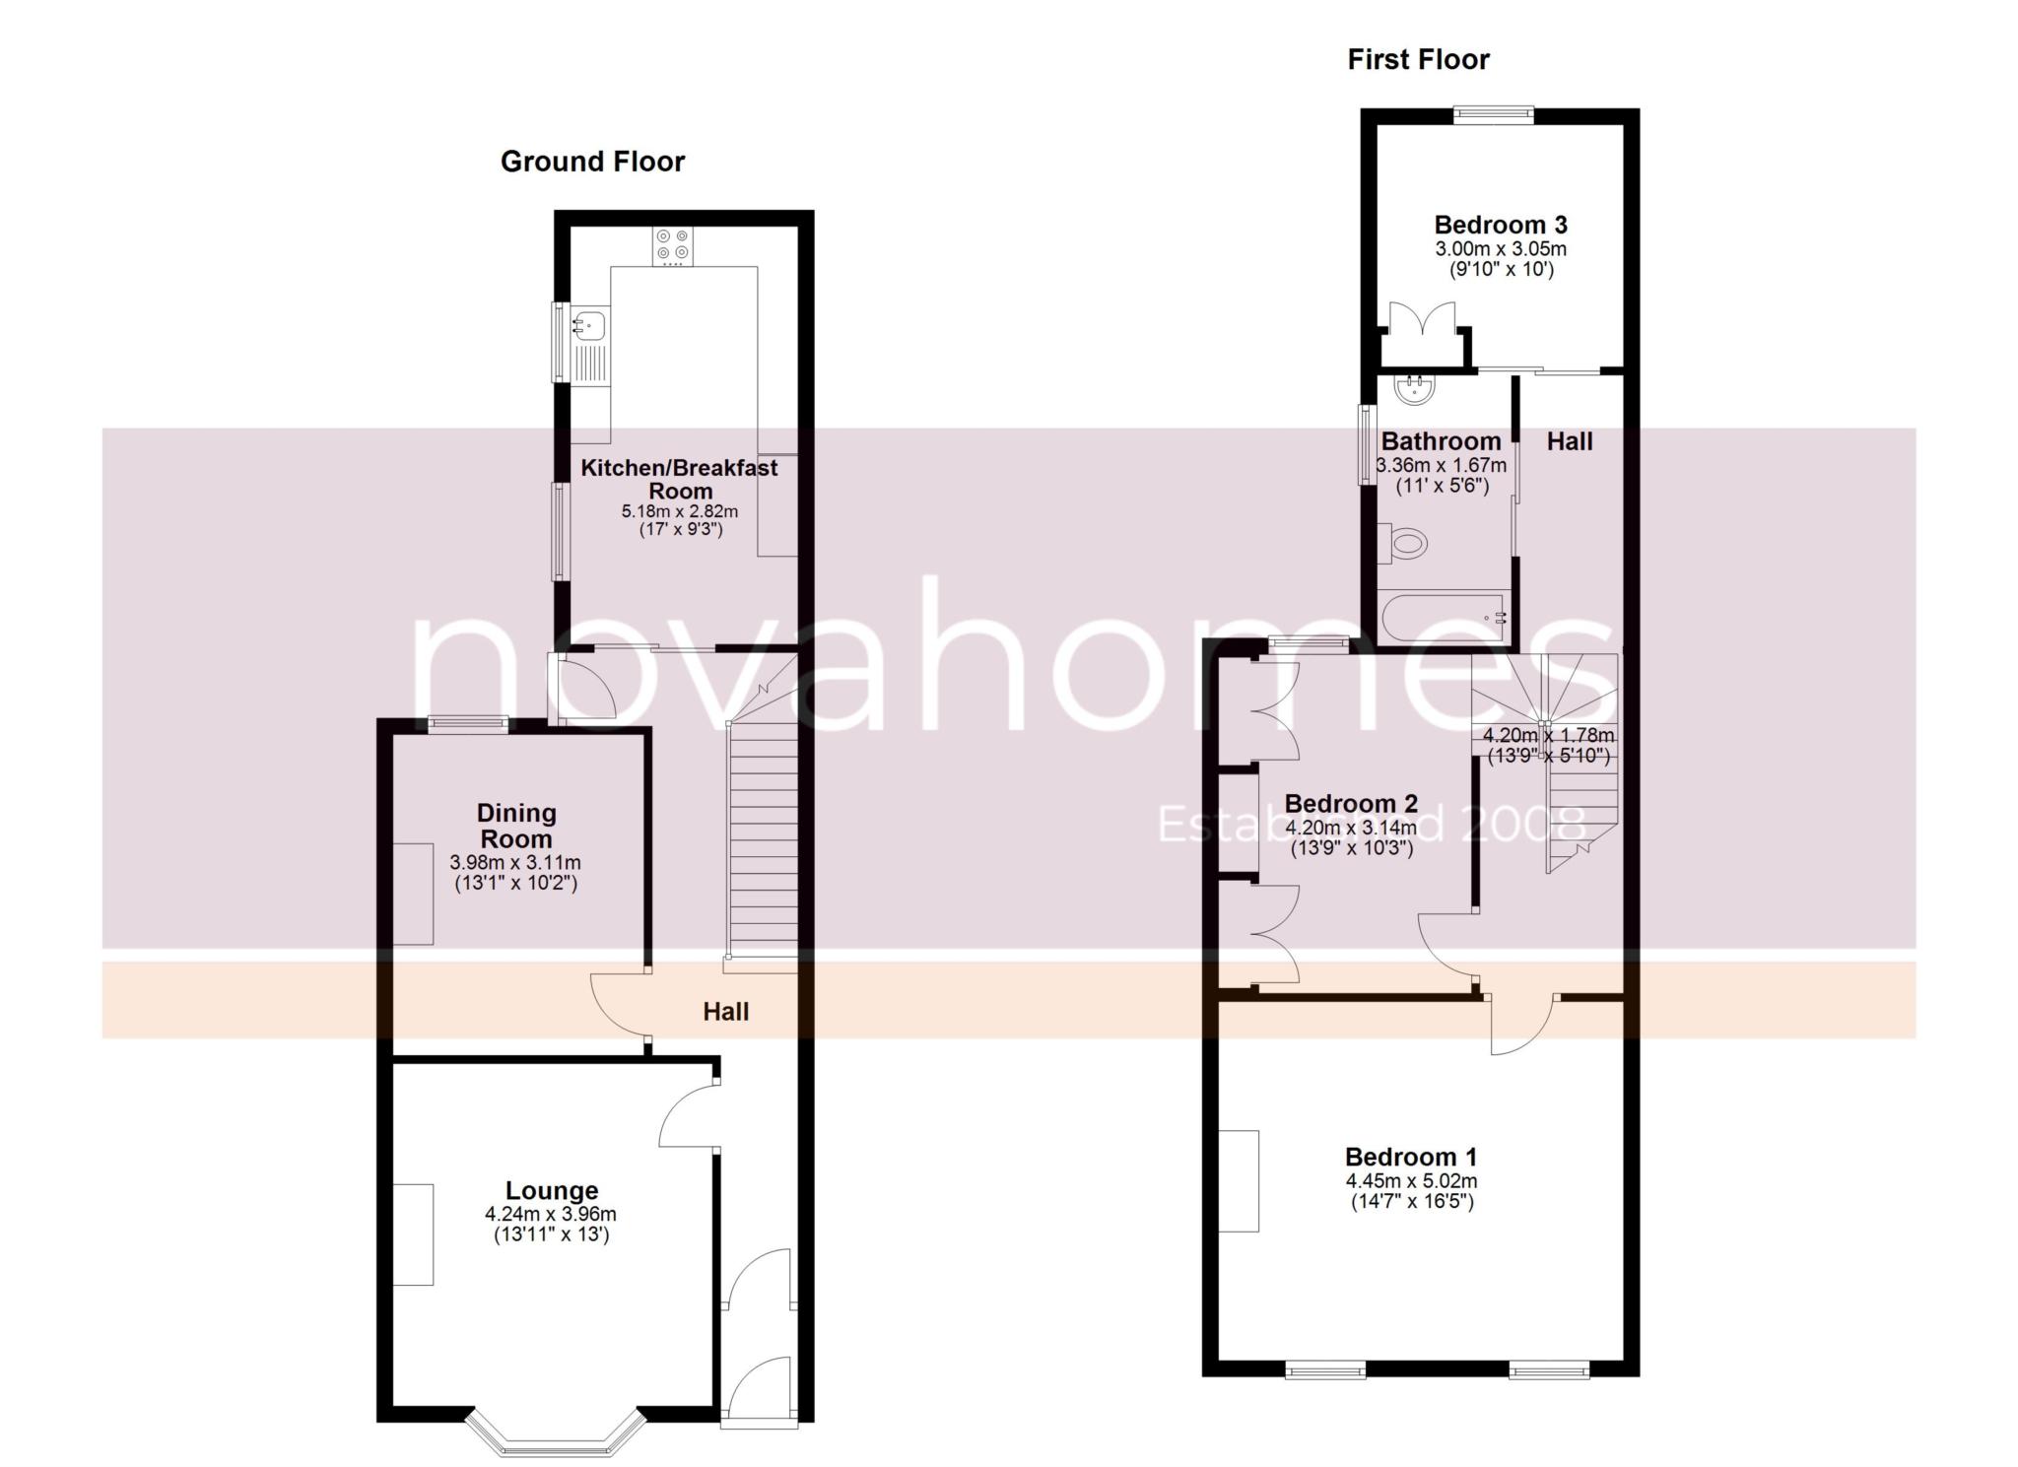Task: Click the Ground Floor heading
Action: pos(592,162)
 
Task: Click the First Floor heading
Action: pos(1418,60)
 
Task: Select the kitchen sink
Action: pos(590,324)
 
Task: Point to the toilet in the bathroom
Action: pos(1403,543)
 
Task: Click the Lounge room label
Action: pos(552,1191)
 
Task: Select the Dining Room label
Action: pos(516,826)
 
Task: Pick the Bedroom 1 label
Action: pos(1411,1157)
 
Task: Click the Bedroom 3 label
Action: pos(1501,225)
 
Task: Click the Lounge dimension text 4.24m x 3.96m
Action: pos(551,1215)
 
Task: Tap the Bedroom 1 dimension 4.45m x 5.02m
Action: pos(1411,1181)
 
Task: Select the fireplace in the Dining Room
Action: pos(414,894)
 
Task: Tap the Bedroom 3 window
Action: pos(1494,115)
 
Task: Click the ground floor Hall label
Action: pos(726,1012)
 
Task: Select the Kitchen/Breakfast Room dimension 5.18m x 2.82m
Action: pos(679,511)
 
